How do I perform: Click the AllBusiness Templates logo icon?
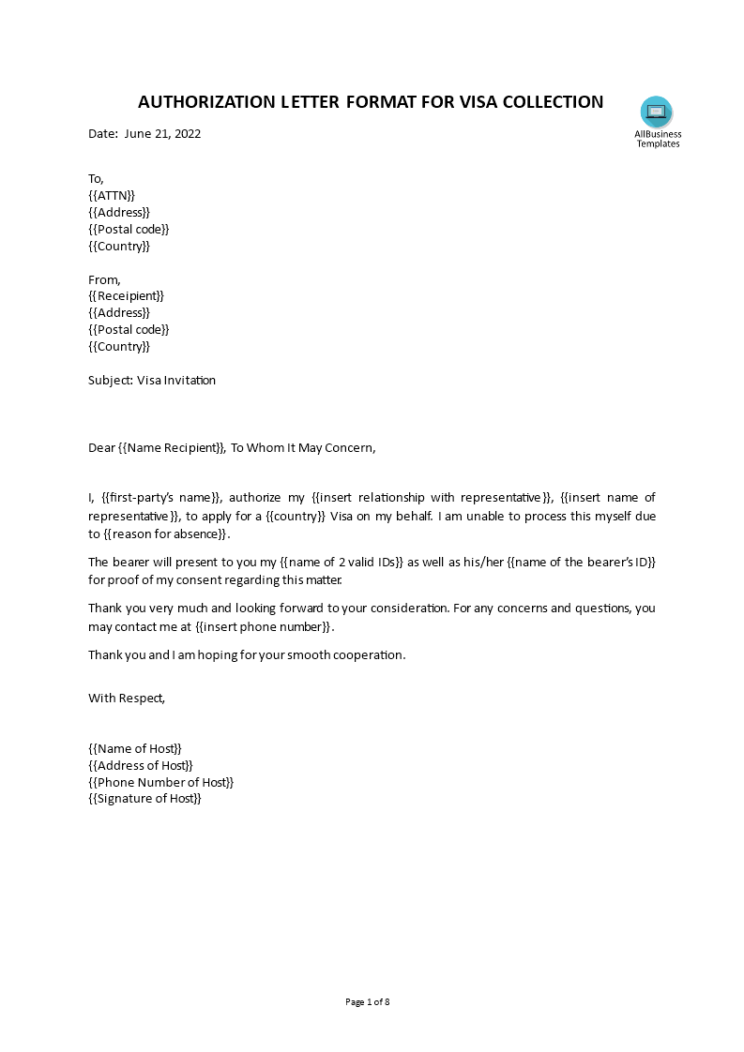[x=657, y=113]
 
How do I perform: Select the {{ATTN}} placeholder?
[x=112, y=195]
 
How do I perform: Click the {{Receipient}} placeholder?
[x=126, y=295]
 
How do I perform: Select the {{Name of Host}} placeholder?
[x=135, y=747]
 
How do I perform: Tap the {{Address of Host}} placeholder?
[x=141, y=764]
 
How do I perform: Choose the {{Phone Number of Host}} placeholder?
[x=160, y=781]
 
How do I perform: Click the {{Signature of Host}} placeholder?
[x=144, y=798]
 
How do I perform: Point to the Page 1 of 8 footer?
[x=367, y=1001]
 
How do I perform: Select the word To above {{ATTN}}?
[x=96, y=178]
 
